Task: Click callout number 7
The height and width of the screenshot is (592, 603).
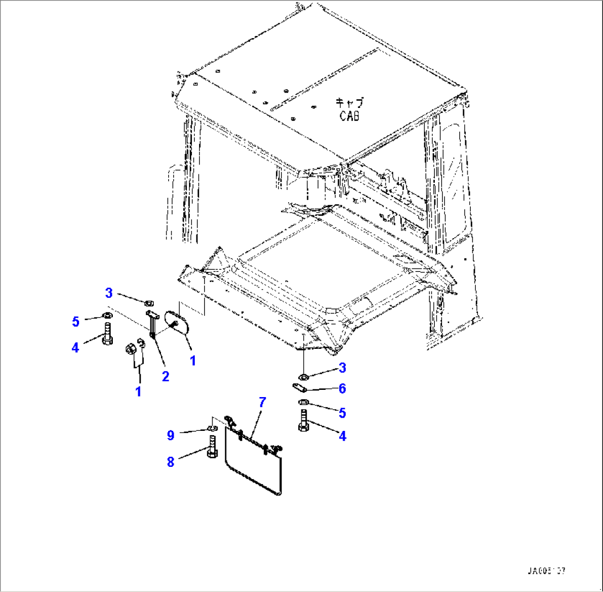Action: pyautogui.click(x=262, y=403)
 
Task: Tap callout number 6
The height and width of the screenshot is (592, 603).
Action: pyautogui.click(x=342, y=389)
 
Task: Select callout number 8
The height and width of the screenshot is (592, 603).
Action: pyautogui.click(x=170, y=462)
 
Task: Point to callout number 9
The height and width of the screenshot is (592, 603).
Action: pyautogui.click(x=171, y=436)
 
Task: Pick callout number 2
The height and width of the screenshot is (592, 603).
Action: pyautogui.click(x=165, y=377)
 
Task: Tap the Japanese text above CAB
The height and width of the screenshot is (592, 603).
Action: pyautogui.click(x=350, y=103)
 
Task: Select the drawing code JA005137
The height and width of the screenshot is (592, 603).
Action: pyautogui.click(x=547, y=571)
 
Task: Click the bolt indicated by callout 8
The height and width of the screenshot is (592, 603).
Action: pyautogui.click(x=212, y=446)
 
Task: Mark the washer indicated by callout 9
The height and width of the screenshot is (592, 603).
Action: pyautogui.click(x=212, y=428)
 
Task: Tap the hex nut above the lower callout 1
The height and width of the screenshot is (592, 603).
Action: pyautogui.click(x=131, y=349)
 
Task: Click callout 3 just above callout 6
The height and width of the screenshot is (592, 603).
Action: pyautogui.click(x=342, y=367)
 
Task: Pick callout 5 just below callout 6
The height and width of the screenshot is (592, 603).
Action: pyautogui.click(x=342, y=413)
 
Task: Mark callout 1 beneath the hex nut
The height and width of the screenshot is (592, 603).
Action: pyautogui.click(x=138, y=392)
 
